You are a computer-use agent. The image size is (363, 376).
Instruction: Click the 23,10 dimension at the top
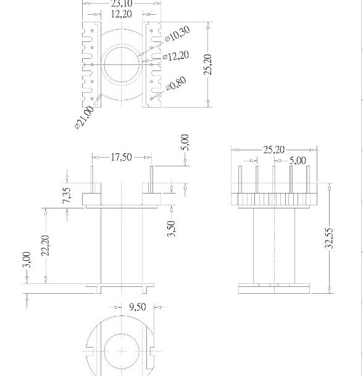pyautogui.click(x=121, y=3)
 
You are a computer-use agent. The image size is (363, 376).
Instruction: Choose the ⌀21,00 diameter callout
pyautogui.click(x=84, y=117)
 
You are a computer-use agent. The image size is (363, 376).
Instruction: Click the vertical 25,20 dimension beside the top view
pyautogui.click(x=208, y=64)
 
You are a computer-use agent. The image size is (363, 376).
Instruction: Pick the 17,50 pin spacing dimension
pyautogui.click(x=121, y=158)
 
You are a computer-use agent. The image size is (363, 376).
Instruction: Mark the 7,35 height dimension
pyautogui.click(x=67, y=197)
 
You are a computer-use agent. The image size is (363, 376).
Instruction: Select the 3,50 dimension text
pyautogui.click(x=171, y=228)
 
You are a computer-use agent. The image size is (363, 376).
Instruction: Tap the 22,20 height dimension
pyautogui.click(x=45, y=245)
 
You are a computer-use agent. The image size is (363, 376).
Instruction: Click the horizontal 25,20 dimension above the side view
pyautogui.click(x=273, y=150)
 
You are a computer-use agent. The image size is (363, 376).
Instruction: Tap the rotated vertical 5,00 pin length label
pyautogui.click(x=185, y=143)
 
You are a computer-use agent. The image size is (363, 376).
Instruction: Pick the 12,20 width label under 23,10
pyautogui.click(x=121, y=14)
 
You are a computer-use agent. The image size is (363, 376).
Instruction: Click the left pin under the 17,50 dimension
pyautogui.click(x=92, y=180)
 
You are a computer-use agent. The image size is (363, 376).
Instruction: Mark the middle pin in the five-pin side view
pyautogui.click(x=273, y=179)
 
